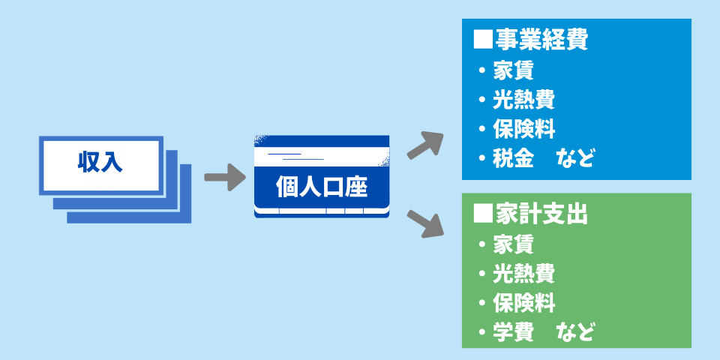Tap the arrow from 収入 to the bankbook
[225, 178]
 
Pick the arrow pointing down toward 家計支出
[425, 222]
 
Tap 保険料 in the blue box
[523, 128]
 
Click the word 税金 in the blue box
[513, 158]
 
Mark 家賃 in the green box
[513, 244]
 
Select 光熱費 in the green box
[523, 274]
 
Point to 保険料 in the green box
[523, 303]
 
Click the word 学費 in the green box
[513, 332]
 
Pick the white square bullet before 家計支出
[481, 214]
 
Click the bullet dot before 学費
[482, 332]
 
